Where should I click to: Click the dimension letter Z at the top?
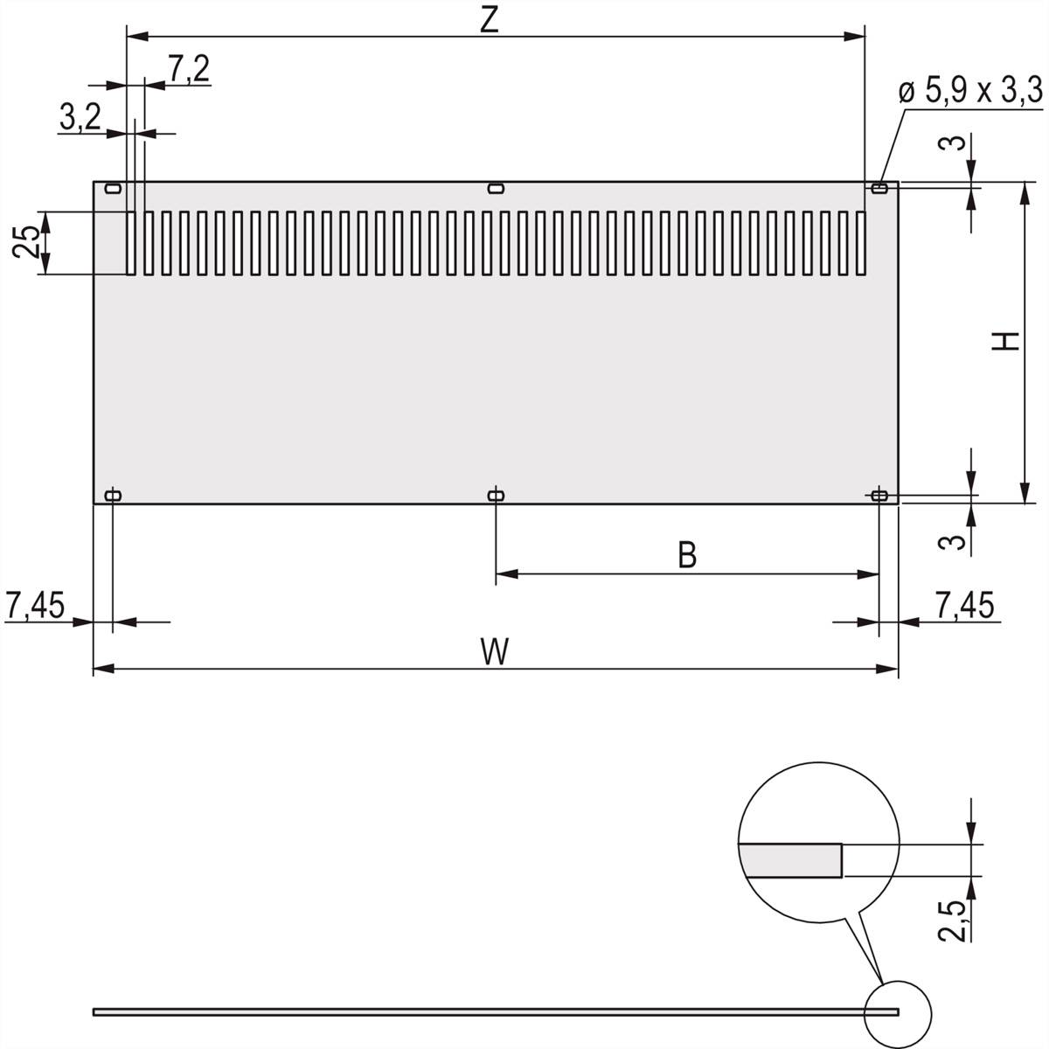pyautogui.click(x=490, y=19)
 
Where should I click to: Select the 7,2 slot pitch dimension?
pyautogui.click(x=188, y=69)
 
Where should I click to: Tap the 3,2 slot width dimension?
pyautogui.click(x=80, y=117)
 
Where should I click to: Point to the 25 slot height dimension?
pyautogui.click(x=26, y=242)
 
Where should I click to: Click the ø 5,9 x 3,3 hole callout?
pyautogui.click(x=970, y=90)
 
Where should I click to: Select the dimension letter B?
pyautogui.click(x=687, y=555)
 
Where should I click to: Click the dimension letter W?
pyautogui.click(x=495, y=652)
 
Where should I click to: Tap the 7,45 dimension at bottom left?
pyautogui.click(x=35, y=604)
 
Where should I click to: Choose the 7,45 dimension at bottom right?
pyautogui.click(x=964, y=604)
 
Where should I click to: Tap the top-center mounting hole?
pyautogui.click(x=496, y=189)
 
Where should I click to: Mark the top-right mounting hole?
pyautogui.click(x=879, y=188)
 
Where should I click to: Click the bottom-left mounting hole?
pyautogui.click(x=113, y=496)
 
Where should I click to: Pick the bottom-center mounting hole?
pyautogui.click(x=496, y=496)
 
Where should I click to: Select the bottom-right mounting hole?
pyautogui.click(x=879, y=496)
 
